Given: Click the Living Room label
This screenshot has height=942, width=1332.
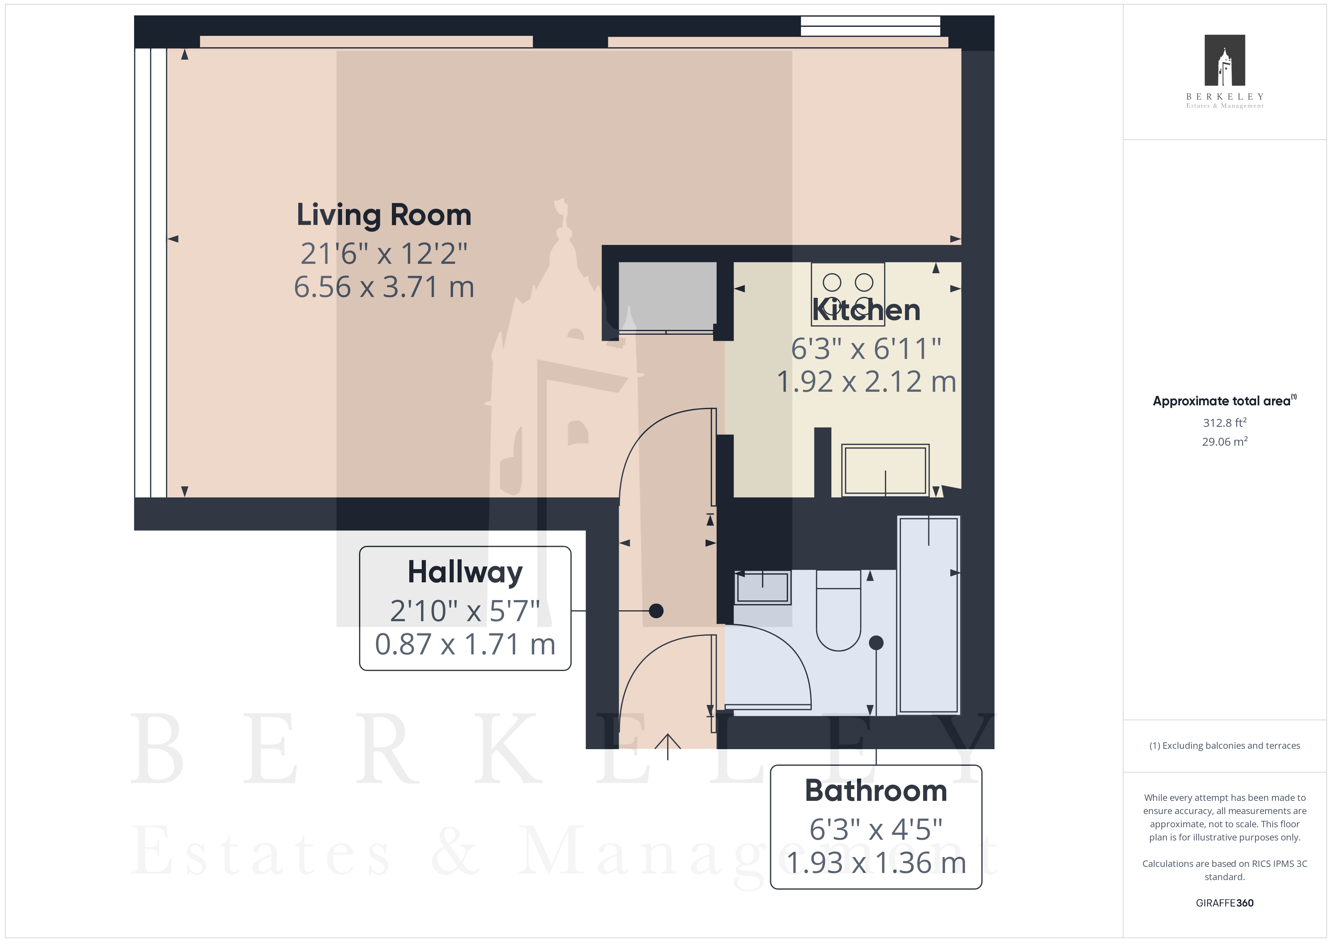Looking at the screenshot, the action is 384,215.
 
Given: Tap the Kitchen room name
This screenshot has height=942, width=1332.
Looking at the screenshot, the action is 866,310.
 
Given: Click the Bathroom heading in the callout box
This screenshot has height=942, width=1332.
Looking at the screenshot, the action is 876,791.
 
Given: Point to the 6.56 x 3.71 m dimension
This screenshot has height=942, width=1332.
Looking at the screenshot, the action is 384,287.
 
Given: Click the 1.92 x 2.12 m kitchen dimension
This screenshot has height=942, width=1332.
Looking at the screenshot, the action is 866,382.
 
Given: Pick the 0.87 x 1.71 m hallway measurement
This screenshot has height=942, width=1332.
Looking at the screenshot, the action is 465,645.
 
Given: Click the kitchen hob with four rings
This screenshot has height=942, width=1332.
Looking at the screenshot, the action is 848,294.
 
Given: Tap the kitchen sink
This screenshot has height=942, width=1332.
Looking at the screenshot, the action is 885,470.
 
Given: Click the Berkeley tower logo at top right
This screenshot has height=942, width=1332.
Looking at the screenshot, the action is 1225,60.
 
